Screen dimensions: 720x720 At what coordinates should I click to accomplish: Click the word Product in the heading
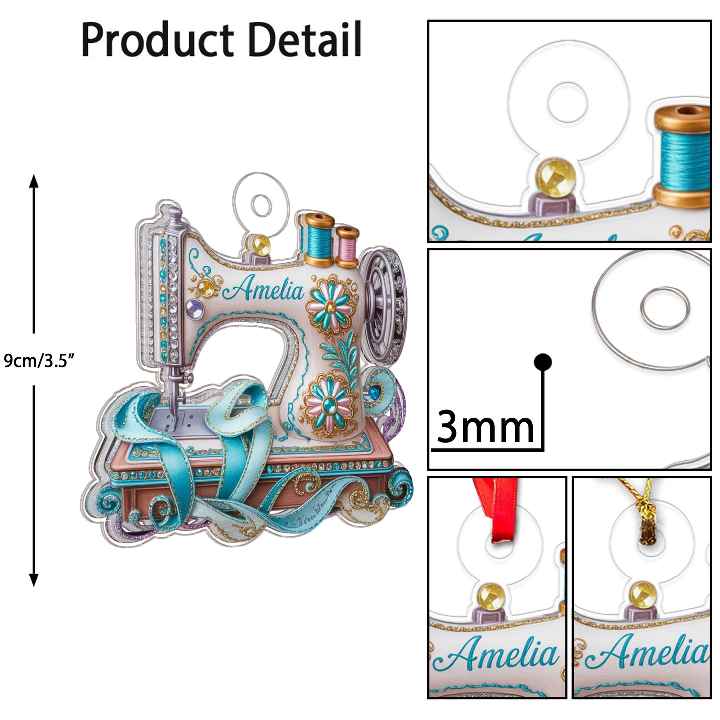[x=157, y=40]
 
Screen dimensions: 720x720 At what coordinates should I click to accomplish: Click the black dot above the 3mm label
[x=542, y=362]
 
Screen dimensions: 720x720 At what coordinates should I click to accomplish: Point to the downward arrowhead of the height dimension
[x=34, y=580]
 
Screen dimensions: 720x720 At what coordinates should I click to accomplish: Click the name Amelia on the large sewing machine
[x=263, y=288]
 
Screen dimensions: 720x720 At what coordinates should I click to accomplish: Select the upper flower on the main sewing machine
[x=329, y=304]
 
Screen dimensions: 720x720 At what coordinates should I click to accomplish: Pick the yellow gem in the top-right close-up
[x=556, y=177]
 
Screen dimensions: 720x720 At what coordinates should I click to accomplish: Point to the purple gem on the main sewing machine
[x=194, y=309]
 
